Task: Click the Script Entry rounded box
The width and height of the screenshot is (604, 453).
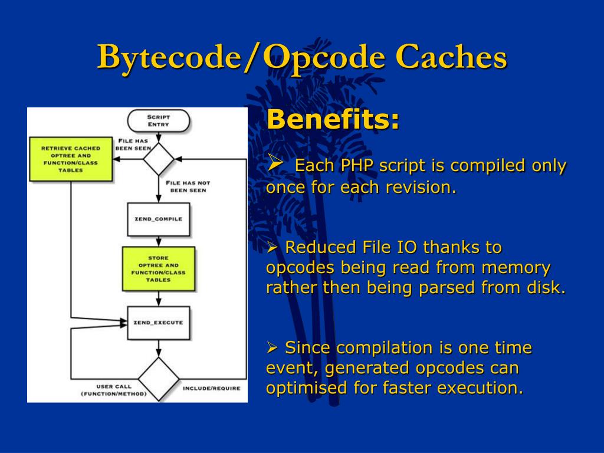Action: pos(158,121)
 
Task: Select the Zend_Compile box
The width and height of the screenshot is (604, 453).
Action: pos(158,219)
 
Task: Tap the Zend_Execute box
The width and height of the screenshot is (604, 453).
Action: pos(158,323)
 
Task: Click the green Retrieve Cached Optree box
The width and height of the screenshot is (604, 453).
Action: pos(70,159)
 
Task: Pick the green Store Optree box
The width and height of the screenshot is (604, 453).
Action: pos(158,269)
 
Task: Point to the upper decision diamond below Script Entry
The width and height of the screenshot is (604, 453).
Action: pos(158,159)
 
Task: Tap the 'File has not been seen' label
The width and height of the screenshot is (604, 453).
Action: pos(188,186)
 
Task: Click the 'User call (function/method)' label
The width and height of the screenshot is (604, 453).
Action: pos(113,390)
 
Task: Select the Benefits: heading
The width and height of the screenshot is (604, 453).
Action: pos(333,120)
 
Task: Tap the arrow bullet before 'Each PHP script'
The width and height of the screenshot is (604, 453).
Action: pos(276,162)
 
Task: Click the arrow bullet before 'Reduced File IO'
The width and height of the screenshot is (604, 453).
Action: pos(273,247)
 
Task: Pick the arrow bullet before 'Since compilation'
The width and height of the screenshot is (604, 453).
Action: pos(273,348)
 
